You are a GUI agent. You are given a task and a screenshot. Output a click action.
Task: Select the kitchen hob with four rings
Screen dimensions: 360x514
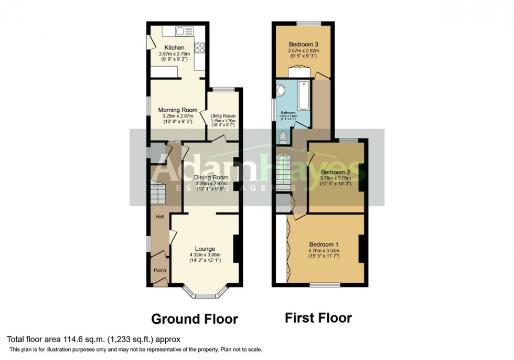pyautogui.click(x=199, y=48)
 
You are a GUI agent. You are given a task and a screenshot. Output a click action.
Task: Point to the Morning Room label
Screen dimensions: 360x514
pyautogui.click(x=178, y=110)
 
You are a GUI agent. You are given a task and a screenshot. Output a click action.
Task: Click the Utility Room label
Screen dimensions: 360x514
pyautogui.click(x=223, y=116)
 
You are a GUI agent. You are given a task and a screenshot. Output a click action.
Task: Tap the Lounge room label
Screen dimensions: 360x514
pyautogui.click(x=205, y=249)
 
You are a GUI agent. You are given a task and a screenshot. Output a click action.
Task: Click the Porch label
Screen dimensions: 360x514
pyautogui.click(x=159, y=271)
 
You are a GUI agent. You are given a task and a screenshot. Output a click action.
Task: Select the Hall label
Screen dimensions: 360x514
pyautogui.click(x=158, y=216)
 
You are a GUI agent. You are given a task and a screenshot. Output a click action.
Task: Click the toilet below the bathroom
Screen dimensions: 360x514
pyautogui.click(x=284, y=138)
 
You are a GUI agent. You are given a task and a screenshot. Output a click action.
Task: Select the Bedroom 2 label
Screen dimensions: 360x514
pyautogui.click(x=335, y=172)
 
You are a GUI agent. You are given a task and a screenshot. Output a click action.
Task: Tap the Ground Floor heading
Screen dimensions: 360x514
pyautogui.click(x=195, y=319)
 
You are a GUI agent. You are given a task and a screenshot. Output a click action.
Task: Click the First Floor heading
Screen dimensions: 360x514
pyautogui.click(x=318, y=317)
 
